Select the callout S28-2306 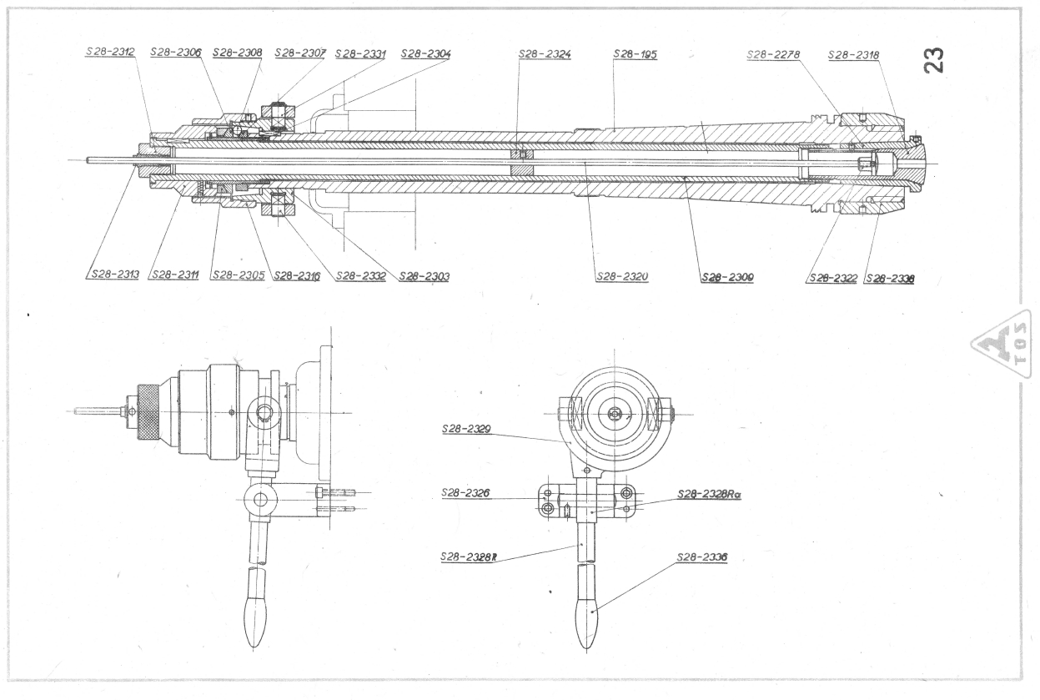click(175, 52)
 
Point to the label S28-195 click(635, 54)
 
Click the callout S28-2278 click(773, 54)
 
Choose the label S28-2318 click(855, 54)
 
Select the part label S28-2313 click(112, 274)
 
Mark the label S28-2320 click(622, 277)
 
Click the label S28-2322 click(831, 279)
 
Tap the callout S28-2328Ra click(710, 493)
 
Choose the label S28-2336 click(702, 556)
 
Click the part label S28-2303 click(425, 276)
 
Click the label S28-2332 click(360, 275)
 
